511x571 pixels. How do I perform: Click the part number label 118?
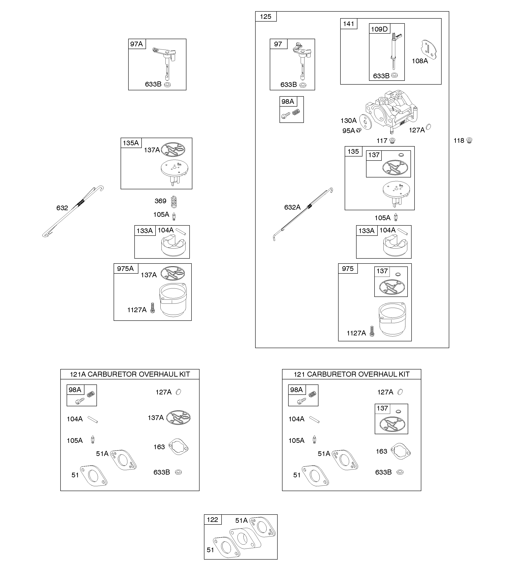click(459, 141)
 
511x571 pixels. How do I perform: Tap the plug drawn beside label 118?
click(469, 140)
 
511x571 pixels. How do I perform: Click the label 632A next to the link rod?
click(292, 207)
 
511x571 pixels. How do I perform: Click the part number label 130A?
click(348, 121)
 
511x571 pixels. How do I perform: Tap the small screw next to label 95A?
click(359, 130)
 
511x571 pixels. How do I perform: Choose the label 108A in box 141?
click(420, 61)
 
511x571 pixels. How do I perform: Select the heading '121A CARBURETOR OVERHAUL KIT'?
click(130, 374)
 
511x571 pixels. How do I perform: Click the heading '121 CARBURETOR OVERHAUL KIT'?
click(351, 374)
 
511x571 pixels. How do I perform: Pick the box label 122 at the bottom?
click(212, 520)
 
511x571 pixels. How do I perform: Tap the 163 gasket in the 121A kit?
click(179, 447)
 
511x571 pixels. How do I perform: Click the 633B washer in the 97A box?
click(167, 84)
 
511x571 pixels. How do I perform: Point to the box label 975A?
click(125, 269)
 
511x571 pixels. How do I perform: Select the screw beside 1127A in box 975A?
click(153, 308)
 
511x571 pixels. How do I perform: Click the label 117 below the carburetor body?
click(382, 141)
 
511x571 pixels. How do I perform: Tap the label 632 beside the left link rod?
click(62, 208)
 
